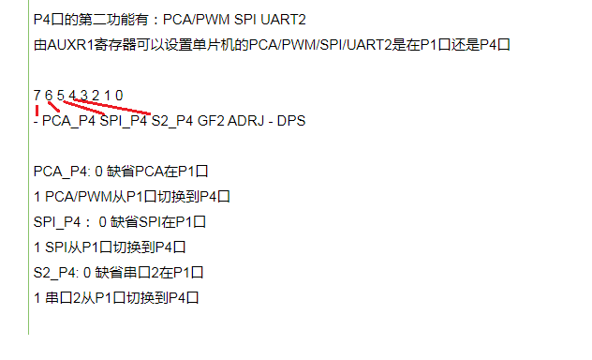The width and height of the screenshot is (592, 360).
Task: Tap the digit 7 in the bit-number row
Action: pyautogui.click(x=37, y=96)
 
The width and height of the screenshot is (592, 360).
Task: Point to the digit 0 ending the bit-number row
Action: pyautogui.click(x=119, y=96)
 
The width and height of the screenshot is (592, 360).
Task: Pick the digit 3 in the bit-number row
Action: pyautogui.click(x=83, y=96)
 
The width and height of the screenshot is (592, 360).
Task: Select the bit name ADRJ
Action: pyautogui.click(x=245, y=121)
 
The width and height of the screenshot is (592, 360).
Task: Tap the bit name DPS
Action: pyautogui.click(x=291, y=121)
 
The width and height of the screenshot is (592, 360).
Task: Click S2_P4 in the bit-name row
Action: pyautogui.click(x=172, y=121)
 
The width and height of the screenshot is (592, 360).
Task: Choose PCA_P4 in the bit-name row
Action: pyautogui.click(x=68, y=121)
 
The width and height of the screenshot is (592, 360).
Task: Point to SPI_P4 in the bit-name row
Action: pyautogui.click(x=124, y=121)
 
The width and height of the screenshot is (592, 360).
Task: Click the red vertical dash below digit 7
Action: pyautogui.click(x=37, y=111)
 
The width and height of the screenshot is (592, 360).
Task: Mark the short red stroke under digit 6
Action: pyautogui.click(x=53, y=107)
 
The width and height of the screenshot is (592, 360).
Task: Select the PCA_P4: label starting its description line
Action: pyautogui.click(x=62, y=172)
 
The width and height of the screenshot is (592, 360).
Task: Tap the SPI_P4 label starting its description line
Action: pyautogui.click(x=57, y=222)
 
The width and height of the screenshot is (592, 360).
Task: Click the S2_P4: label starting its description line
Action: pyautogui.click(x=56, y=273)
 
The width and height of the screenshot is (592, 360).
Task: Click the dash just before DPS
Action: pyautogui.click(x=271, y=121)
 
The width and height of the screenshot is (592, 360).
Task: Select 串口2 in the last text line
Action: pyautogui.click(x=63, y=298)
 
